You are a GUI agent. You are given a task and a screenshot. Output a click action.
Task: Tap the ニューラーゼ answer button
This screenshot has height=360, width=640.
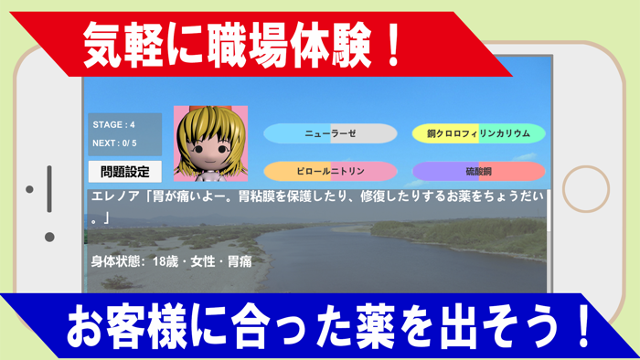330,133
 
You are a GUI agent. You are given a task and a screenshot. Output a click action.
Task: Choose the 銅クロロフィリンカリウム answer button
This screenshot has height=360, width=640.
478,133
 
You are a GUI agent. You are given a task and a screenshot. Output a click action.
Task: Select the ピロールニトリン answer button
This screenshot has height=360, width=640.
330,171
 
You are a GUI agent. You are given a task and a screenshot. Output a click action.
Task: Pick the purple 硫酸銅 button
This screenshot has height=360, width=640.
478,171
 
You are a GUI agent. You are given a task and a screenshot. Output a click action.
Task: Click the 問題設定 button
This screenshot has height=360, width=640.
124,171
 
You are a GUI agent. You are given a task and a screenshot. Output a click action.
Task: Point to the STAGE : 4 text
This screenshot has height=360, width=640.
114,124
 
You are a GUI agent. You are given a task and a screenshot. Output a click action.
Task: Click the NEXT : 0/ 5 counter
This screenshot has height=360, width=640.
114,143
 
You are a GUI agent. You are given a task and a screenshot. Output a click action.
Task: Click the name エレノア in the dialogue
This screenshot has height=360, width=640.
112,196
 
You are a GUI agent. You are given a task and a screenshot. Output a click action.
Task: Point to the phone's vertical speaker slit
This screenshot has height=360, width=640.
49,189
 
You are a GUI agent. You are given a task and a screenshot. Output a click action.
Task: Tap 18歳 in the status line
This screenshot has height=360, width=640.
166,261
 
